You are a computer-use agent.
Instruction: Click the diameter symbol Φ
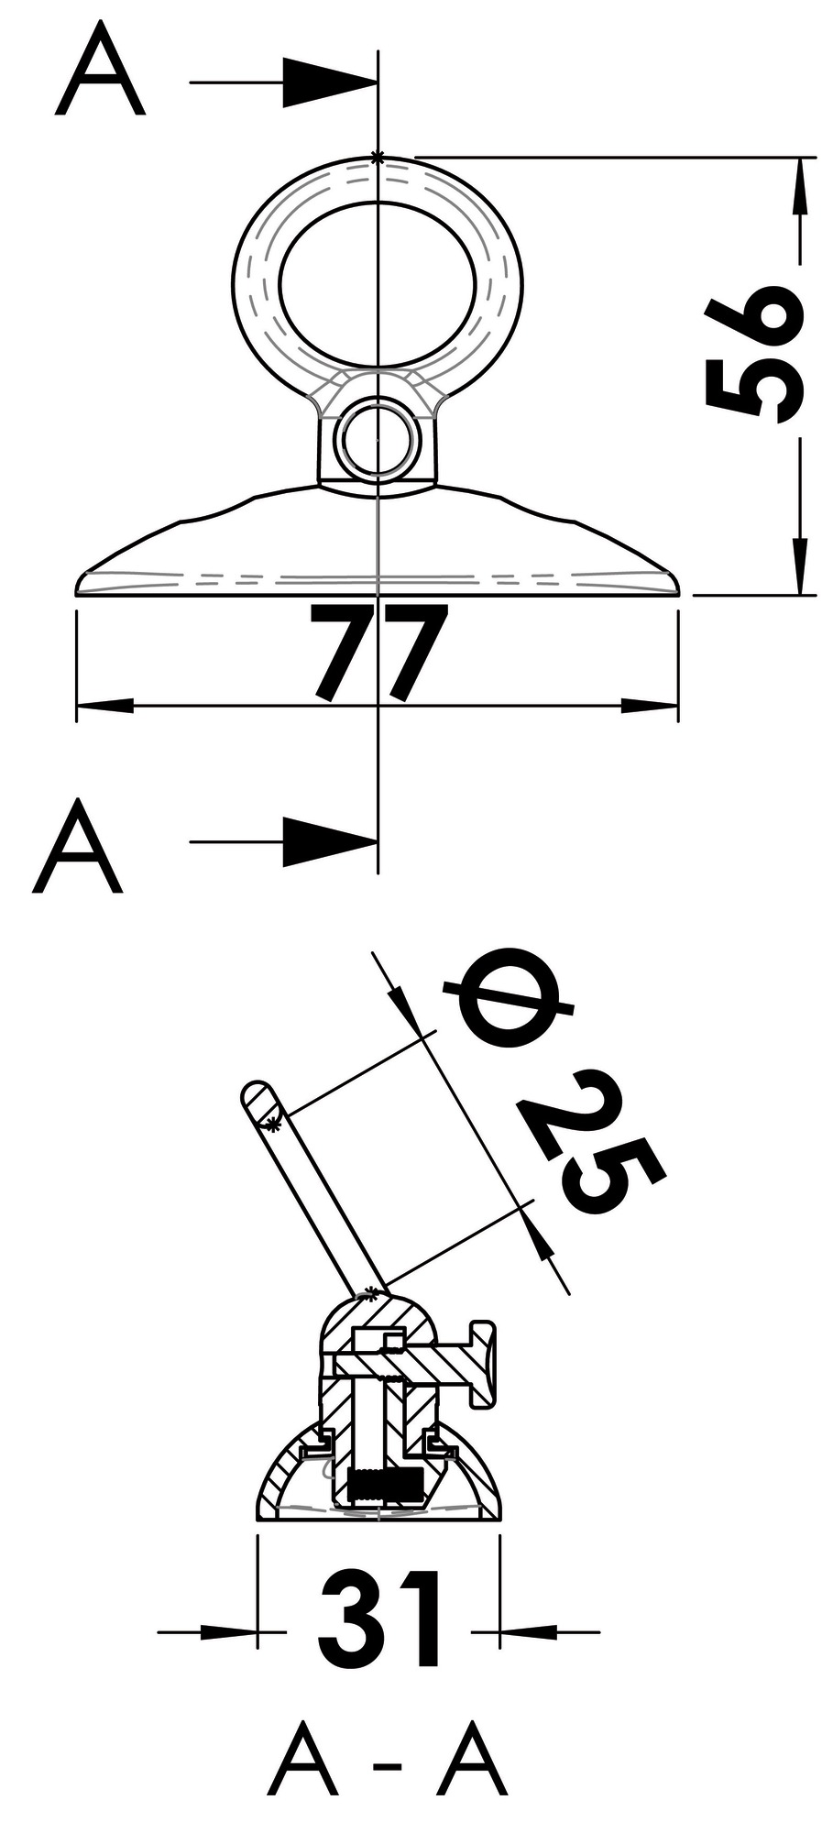pos(510,1002)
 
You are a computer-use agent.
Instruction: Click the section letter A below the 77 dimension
pos(77,845)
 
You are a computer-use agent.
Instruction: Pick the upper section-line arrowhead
pos(330,83)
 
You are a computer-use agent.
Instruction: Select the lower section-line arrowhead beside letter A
pos(330,840)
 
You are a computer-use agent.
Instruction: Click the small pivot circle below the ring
pos(376,440)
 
